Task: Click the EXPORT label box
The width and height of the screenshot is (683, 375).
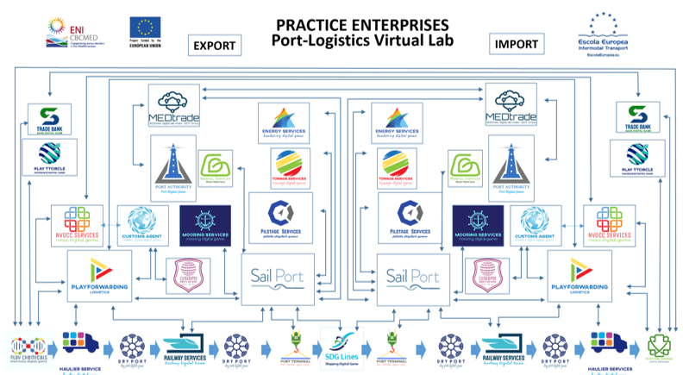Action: pyautogui.click(x=212, y=45)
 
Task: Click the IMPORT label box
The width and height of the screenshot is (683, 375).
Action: pyautogui.click(x=517, y=44)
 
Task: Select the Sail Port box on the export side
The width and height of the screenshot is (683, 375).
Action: pyautogui.click(x=273, y=278)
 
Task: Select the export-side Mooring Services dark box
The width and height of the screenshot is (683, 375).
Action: pyautogui.click(x=204, y=226)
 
